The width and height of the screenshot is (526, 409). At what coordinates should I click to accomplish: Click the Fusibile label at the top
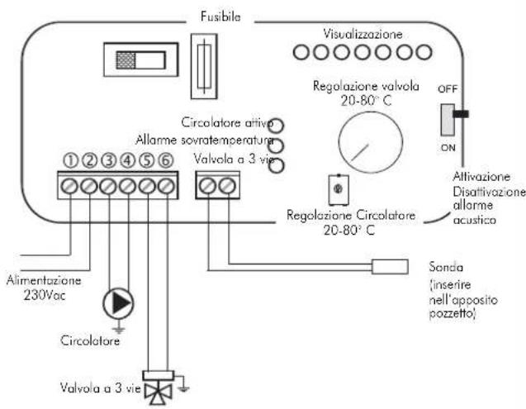(x=220, y=17)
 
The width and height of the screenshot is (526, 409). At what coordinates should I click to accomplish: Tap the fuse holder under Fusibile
(x=204, y=66)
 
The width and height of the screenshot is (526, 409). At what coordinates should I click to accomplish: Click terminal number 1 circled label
(x=70, y=160)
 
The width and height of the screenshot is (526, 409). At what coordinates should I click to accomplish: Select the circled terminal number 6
(x=166, y=160)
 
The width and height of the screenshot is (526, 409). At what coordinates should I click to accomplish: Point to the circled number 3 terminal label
(x=108, y=160)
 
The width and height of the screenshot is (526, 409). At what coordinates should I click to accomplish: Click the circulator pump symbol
(x=118, y=303)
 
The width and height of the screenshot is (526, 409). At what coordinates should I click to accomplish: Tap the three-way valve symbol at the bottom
(x=159, y=392)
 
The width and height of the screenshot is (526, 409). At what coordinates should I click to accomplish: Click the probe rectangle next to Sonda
(x=390, y=267)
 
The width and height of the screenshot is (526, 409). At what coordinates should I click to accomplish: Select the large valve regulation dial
(x=370, y=142)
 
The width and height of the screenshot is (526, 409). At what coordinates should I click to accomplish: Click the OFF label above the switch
(x=448, y=89)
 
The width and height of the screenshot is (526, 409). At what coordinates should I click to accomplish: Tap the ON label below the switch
(x=448, y=148)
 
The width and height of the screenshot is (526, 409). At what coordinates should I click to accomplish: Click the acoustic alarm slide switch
(x=449, y=120)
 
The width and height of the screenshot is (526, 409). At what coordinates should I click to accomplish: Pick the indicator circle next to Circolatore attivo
(x=277, y=126)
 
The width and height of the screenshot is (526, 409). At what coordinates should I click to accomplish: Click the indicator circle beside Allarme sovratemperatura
(x=277, y=145)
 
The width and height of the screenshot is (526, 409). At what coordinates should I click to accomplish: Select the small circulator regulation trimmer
(x=339, y=189)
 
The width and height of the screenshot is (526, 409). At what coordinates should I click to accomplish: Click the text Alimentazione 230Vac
(x=44, y=288)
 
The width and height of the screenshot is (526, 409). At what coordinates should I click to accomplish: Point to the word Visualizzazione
(x=363, y=34)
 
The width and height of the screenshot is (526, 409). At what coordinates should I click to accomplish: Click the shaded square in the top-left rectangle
(x=126, y=60)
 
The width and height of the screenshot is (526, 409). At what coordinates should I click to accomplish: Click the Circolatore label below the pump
(x=90, y=340)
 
